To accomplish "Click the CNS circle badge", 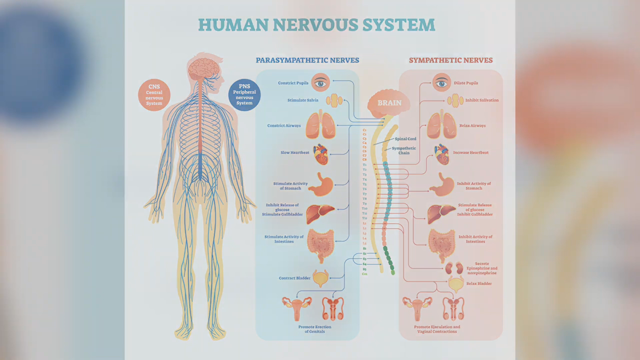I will pyautogui.click(x=154, y=94).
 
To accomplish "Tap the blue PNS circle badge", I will pyautogui.click(x=244, y=94).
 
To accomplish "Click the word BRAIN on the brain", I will pyautogui.click(x=389, y=103).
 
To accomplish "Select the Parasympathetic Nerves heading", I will pyautogui.click(x=307, y=60).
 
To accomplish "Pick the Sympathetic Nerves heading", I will pyautogui.click(x=450, y=60).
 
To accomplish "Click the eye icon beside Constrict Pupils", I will pyautogui.click(x=320, y=82).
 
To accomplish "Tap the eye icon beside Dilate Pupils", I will pyautogui.click(x=441, y=82).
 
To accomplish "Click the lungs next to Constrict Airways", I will pyautogui.click(x=320, y=125).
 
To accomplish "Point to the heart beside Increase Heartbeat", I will pyautogui.click(x=441, y=154).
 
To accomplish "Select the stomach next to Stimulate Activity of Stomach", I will pyautogui.click(x=320, y=184).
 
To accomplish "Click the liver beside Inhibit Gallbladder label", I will pyautogui.click(x=441, y=213).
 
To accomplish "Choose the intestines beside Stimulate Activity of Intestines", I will pyautogui.click(x=320, y=244).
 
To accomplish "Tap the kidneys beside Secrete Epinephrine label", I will pyautogui.click(x=454, y=268).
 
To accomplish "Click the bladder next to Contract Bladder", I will pyautogui.click(x=320, y=278).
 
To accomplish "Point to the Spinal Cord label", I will pyautogui.click(x=405, y=139).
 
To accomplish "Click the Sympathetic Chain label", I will pyautogui.click(x=404, y=150).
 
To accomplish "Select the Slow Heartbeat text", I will pyautogui.click(x=295, y=152).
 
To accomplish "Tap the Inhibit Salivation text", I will pyautogui.click(x=482, y=100).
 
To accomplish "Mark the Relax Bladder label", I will pyautogui.click(x=479, y=283).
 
